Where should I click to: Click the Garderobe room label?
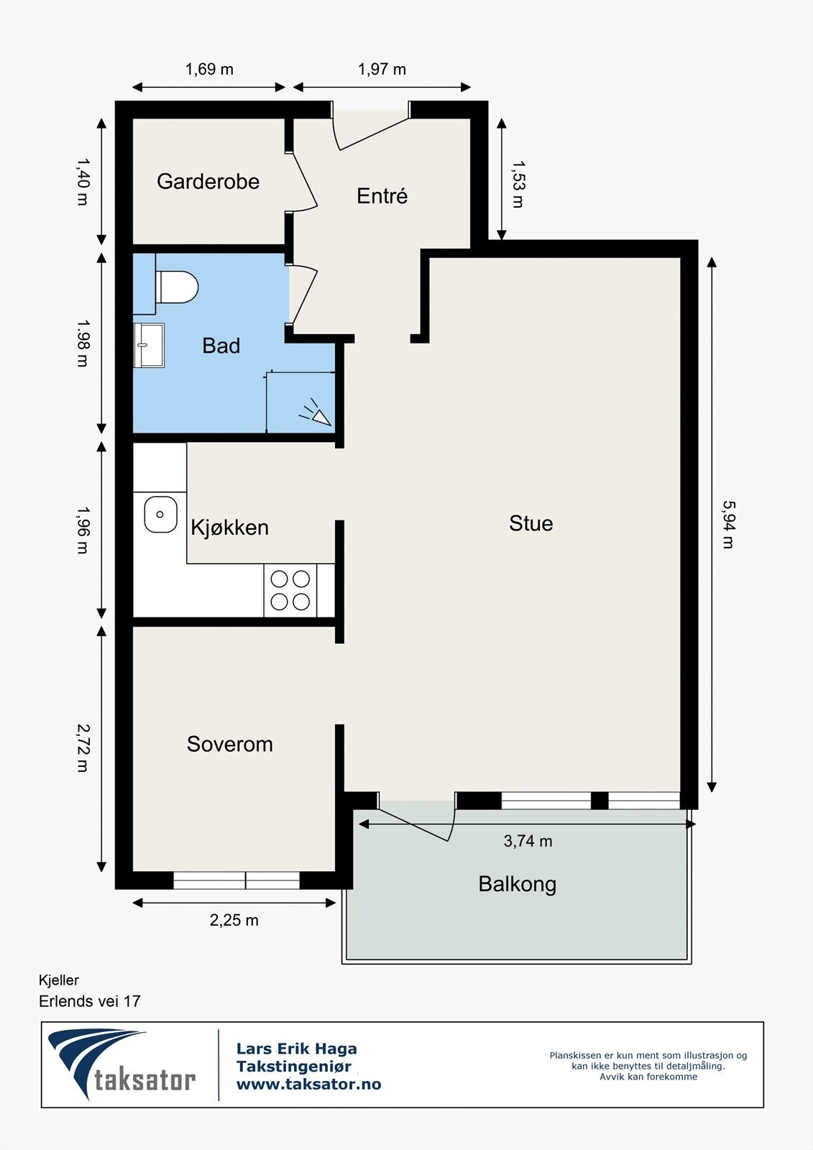(208, 181)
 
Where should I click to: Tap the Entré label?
(382, 195)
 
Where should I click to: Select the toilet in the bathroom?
(177, 287)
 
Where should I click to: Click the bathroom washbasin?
(149, 345)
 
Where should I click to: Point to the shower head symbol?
(316, 413)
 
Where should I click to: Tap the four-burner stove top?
(290, 590)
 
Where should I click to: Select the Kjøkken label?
(229, 528)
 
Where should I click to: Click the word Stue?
(531, 523)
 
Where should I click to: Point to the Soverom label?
(229, 744)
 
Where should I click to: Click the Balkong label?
(517, 884)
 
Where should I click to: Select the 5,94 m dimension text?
(727, 524)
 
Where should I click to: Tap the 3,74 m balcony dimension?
(528, 841)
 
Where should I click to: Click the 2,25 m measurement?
(234, 920)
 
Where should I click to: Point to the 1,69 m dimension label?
(209, 69)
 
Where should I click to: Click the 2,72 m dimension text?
(82, 748)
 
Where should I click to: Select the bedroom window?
(236, 880)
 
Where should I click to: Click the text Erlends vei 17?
(90, 1001)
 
